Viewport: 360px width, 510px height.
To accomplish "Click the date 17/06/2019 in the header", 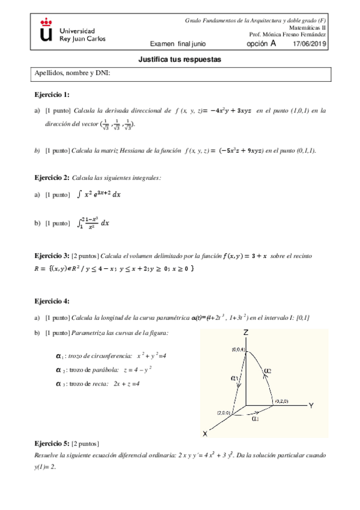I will coord(310,44).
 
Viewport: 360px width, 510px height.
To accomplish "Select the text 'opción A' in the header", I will coord(262,44).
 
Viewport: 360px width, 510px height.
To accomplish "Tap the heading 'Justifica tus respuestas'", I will coord(180,60).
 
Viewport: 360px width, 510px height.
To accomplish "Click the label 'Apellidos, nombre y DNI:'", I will coord(73,74).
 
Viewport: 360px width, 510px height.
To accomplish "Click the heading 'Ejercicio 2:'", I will coord(51,179).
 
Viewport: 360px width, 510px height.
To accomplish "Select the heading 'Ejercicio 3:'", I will coord(51,256).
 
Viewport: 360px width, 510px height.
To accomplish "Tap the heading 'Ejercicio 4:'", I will coord(51,301).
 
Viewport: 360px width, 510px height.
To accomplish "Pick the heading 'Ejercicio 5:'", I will coord(51,443).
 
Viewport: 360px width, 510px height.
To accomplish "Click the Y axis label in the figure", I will coord(311,406).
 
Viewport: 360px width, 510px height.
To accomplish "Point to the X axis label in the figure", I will coord(205,434).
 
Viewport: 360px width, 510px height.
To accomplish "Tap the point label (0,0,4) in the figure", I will coord(238,349).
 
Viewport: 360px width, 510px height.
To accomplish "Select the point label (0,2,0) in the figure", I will coord(282,401).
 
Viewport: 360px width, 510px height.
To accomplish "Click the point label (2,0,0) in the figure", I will coord(225,413).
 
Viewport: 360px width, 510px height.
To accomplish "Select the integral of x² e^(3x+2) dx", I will coord(99,195).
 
